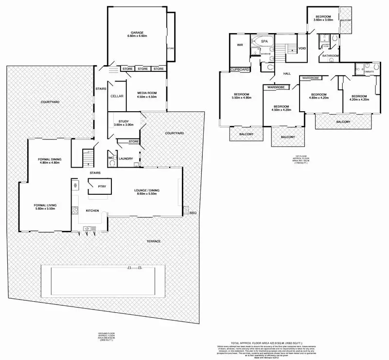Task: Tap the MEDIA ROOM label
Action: tap(146, 92)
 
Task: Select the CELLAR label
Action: tap(117, 96)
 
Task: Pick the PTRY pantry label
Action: tap(102, 186)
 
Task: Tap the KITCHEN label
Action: tap(92, 210)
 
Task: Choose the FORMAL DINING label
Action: tap(49, 159)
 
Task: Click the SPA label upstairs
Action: tap(265, 42)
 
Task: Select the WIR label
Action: tap(240, 45)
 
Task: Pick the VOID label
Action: tap(302, 48)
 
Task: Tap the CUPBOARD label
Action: tap(240, 69)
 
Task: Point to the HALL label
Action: tap(287, 73)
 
